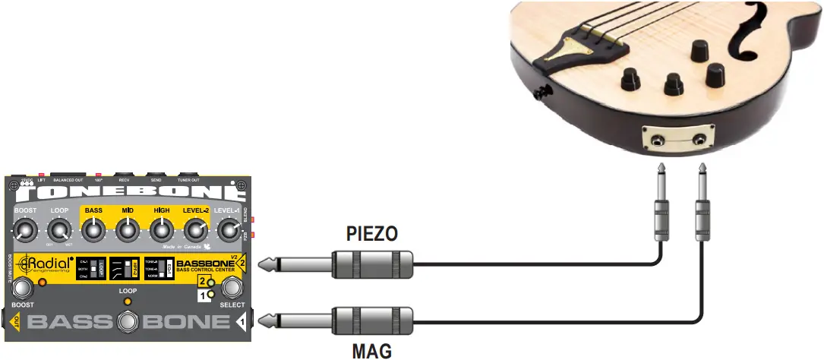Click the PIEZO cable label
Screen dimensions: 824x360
(372, 233)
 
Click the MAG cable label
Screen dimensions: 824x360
(372, 351)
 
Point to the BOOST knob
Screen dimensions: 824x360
(25, 229)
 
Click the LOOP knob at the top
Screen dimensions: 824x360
(58, 229)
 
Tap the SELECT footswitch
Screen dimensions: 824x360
(232, 287)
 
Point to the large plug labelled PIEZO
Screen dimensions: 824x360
(372, 264)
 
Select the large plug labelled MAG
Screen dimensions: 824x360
(372, 321)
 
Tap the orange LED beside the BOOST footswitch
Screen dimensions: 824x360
(43, 283)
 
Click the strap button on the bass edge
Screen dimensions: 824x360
(542, 92)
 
